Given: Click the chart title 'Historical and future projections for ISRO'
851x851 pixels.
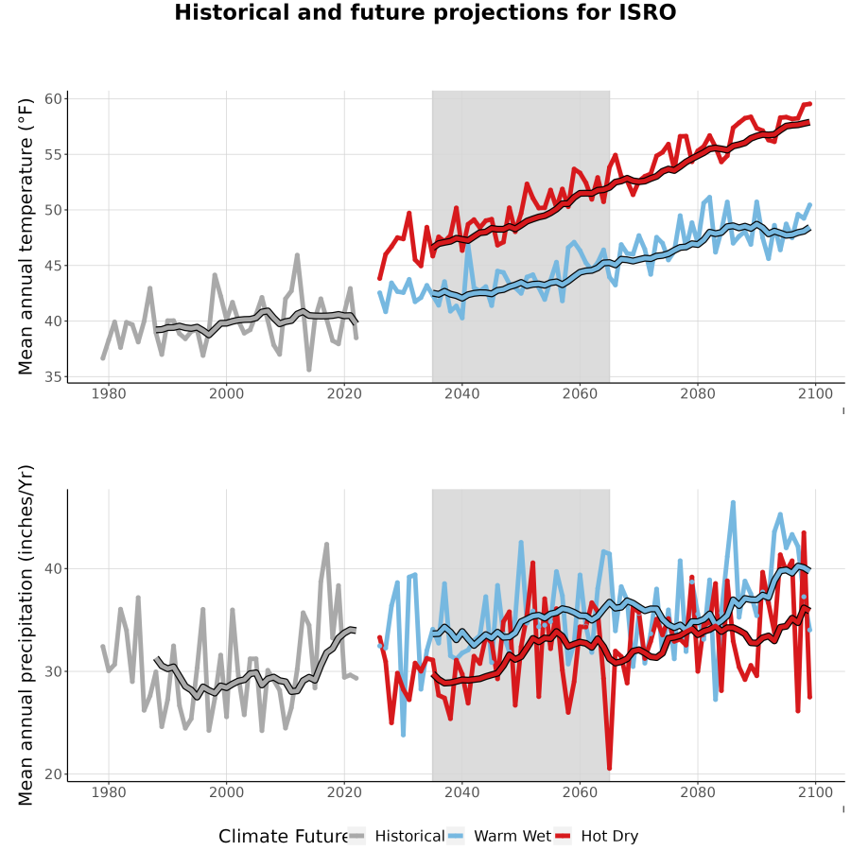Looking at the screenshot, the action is tap(425, 12).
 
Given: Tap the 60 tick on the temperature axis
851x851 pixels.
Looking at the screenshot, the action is tap(53, 98).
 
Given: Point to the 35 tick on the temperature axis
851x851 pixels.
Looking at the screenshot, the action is tap(53, 376).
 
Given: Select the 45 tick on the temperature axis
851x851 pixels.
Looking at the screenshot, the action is tap(53, 266).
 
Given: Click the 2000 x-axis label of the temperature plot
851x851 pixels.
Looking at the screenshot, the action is tap(226, 393).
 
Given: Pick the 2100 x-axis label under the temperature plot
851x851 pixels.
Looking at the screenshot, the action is tap(816, 393).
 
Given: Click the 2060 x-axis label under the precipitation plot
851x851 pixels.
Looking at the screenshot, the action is tap(581, 792).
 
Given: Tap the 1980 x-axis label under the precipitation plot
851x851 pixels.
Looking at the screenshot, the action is tap(109, 792).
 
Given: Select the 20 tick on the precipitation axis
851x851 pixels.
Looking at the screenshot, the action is tap(53, 773).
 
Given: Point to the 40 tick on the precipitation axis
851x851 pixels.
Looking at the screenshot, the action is tap(53, 569).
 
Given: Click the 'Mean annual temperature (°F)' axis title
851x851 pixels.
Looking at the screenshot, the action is tap(26, 236).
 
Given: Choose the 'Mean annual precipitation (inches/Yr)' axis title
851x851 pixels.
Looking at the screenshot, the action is tap(26, 635).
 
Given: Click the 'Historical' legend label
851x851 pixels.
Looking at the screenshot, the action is tap(409, 836).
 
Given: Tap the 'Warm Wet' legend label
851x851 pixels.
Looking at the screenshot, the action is tap(512, 836).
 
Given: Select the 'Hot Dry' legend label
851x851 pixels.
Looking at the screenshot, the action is tap(610, 836).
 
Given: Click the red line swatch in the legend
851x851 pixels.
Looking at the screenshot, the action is tap(564, 837).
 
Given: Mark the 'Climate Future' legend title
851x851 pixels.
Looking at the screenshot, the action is tap(284, 837).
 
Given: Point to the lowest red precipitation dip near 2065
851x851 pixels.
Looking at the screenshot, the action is tap(610, 768).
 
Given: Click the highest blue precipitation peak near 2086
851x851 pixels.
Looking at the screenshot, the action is tap(733, 503).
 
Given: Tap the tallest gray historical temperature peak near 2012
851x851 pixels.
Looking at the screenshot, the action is tap(297, 254).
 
